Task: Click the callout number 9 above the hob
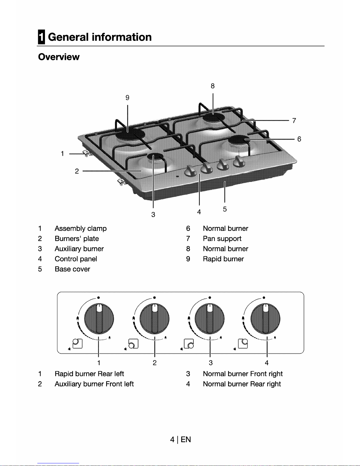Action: [127, 98]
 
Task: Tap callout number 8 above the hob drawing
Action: [212, 86]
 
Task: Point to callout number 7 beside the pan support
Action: [294, 121]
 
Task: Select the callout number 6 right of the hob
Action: [299, 139]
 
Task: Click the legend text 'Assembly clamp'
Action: [81, 229]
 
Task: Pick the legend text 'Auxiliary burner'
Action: [79, 249]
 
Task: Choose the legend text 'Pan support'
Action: [222, 239]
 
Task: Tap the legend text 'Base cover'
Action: [72, 269]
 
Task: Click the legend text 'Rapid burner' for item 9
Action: [223, 259]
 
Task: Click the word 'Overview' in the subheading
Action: [59, 57]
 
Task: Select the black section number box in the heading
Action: [41, 37]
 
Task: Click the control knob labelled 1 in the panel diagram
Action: [99, 318]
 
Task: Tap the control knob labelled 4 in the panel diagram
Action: [265, 318]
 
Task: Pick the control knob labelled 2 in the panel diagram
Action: [154, 318]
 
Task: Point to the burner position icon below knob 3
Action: [189, 344]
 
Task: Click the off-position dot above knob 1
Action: [98, 298]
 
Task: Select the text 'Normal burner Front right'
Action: [243, 374]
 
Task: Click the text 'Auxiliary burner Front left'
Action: [94, 384]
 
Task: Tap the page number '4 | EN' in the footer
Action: [180, 440]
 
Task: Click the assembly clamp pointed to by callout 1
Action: [87, 153]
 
